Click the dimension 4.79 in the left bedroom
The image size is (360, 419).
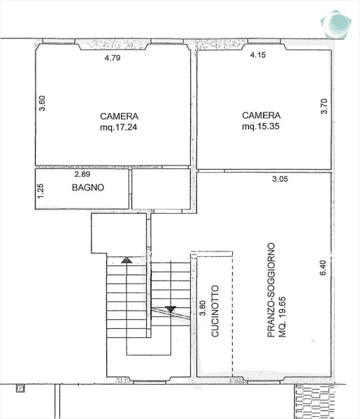point(113,58)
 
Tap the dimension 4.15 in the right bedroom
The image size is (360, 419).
point(258,54)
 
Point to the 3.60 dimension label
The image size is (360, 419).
point(42,103)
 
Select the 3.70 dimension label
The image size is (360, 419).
point(324,106)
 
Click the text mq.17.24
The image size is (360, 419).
point(118,127)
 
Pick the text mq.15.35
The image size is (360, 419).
point(261,126)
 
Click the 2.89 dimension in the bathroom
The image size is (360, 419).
point(82,174)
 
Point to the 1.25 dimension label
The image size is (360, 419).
point(41,191)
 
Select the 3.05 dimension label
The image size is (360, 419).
point(280,179)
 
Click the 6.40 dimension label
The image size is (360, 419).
point(323,267)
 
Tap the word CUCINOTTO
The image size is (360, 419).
point(215,311)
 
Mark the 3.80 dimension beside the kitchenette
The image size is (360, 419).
point(203,308)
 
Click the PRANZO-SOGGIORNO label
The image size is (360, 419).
point(271,290)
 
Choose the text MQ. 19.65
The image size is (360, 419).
point(282,317)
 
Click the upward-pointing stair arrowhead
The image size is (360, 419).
point(127,260)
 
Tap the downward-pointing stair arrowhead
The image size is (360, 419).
point(171,309)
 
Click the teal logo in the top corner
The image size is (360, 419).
point(336,24)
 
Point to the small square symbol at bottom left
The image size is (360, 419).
point(20,388)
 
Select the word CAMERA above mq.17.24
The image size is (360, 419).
point(120,116)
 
